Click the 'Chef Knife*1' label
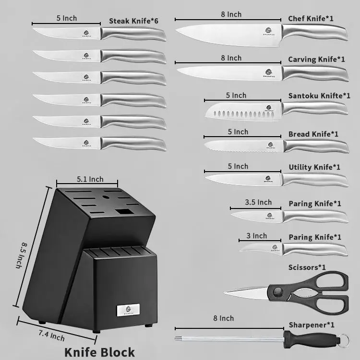pyautogui.click(x=311, y=19)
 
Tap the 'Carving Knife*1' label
pyautogui.click(x=316, y=59)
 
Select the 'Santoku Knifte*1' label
pyautogui.click(x=319, y=96)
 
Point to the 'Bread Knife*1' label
pyautogui.click(x=313, y=134)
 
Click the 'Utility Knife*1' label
pyautogui.click(x=314, y=167)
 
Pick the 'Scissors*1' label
pyautogui.click(x=307, y=267)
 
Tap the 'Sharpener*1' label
pyautogui.click(x=312, y=325)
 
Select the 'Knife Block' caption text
pyautogui.click(x=99, y=352)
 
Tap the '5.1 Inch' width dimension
pyautogui.click(x=90, y=179)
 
